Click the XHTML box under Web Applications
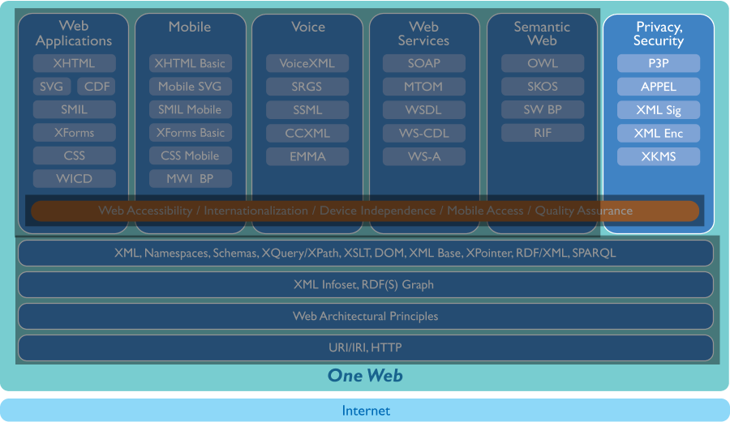(74, 63)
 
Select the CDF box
(97, 87)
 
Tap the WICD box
(74, 179)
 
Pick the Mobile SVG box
(190, 87)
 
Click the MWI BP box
(190, 179)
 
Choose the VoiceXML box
(307, 63)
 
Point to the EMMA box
(307, 156)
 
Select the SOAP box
(424, 63)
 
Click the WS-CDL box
(424, 133)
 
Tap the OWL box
(542, 63)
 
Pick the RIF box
(542, 133)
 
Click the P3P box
(658, 63)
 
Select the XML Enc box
(658, 134)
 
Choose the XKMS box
(658, 156)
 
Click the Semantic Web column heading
(542, 33)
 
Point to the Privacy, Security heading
(658, 33)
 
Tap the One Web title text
(365, 375)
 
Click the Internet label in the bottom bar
(365, 411)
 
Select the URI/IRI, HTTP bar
(365, 348)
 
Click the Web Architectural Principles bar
(365, 317)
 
